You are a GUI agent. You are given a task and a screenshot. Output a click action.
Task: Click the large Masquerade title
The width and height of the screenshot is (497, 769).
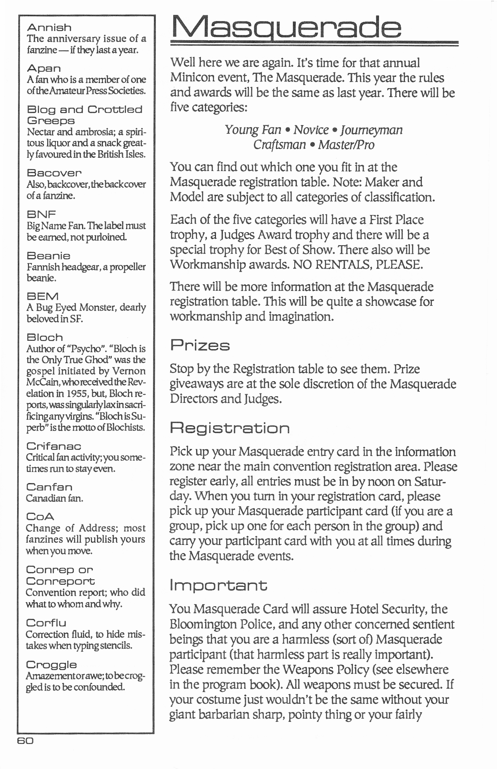pyautogui.click(x=286, y=27)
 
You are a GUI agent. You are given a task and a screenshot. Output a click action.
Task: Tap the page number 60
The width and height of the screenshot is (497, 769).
pyautogui.click(x=25, y=741)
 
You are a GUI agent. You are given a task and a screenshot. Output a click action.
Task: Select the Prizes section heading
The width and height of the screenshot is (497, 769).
pyautogui.click(x=200, y=345)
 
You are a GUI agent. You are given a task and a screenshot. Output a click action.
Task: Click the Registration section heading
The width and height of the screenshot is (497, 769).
pyautogui.click(x=230, y=428)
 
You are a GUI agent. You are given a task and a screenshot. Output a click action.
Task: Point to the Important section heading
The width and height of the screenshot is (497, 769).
pyautogui.click(x=218, y=585)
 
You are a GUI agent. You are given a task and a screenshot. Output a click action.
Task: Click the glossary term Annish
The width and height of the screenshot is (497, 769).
pyautogui.click(x=49, y=27)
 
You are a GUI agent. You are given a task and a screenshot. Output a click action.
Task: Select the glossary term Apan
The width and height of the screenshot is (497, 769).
pyautogui.click(x=44, y=68)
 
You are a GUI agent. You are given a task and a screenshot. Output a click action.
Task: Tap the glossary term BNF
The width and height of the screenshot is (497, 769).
pyautogui.click(x=41, y=214)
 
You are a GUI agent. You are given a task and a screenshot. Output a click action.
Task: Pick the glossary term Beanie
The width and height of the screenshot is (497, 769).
pyautogui.click(x=48, y=256)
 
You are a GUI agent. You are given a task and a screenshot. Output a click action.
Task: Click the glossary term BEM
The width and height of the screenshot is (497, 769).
pyautogui.click(x=42, y=296)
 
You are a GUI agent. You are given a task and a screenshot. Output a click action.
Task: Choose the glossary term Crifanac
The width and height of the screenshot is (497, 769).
pyautogui.click(x=54, y=446)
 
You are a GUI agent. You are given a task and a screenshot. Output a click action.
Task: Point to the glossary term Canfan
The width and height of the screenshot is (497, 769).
pyautogui.click(x=49, y=487)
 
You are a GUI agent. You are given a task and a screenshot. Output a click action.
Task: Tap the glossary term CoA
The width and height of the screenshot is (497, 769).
pyautogui.click(x=40, y=516)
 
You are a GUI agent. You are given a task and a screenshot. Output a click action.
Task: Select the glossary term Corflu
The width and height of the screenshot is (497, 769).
pyautogui.click(x=46, y=623)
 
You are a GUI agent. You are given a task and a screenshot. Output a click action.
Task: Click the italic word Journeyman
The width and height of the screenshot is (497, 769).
pyautogui.click(x=371, y=130)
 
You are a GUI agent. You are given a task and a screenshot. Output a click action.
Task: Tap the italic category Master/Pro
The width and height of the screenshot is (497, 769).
pyautogui.click(x=346, y=144)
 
